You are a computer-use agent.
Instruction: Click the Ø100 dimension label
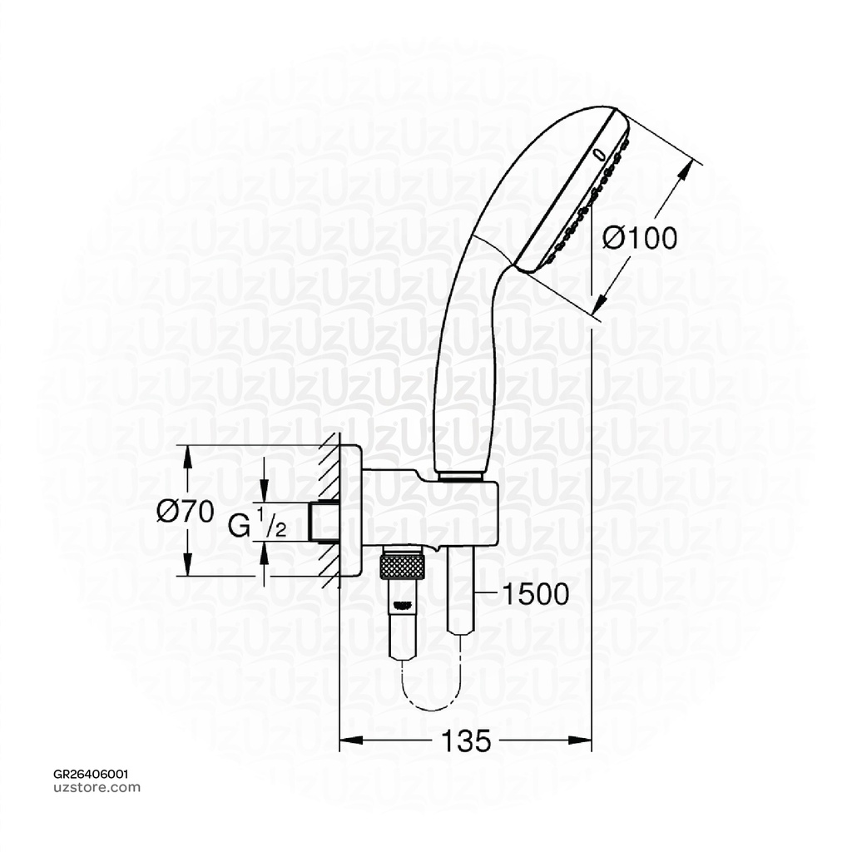click(x=639, y=239)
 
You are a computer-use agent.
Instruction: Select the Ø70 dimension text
click(x=186, y=510)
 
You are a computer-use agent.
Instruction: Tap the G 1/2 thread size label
click(x=258, y=526)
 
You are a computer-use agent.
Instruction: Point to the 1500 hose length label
click(x=535, y=594)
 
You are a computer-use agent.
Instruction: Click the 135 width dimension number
click(x=465, y=740)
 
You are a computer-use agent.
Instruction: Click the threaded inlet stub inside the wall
click(x=321, y=521)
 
